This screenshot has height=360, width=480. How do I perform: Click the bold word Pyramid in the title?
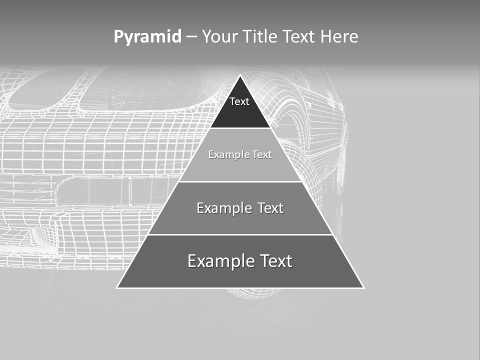147,37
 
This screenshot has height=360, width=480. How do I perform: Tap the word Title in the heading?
260,36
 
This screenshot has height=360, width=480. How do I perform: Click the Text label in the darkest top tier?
239,101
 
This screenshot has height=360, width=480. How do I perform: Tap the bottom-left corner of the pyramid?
117,287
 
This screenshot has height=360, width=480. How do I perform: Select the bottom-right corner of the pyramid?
363,287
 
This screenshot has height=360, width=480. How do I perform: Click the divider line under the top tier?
240,128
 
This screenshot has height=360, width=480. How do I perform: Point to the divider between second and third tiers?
240,181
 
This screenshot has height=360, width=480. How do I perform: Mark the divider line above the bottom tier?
240,234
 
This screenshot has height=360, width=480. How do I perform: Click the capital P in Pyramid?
118,37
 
